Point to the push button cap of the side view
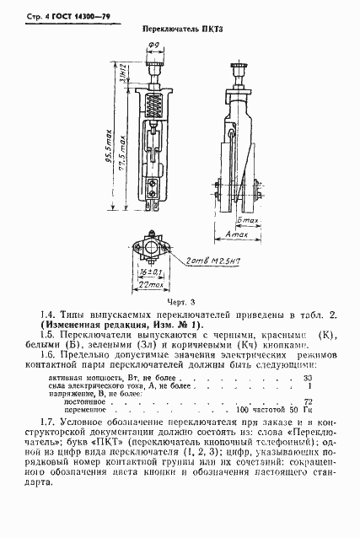[241, 68]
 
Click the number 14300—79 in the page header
[95, 16]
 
